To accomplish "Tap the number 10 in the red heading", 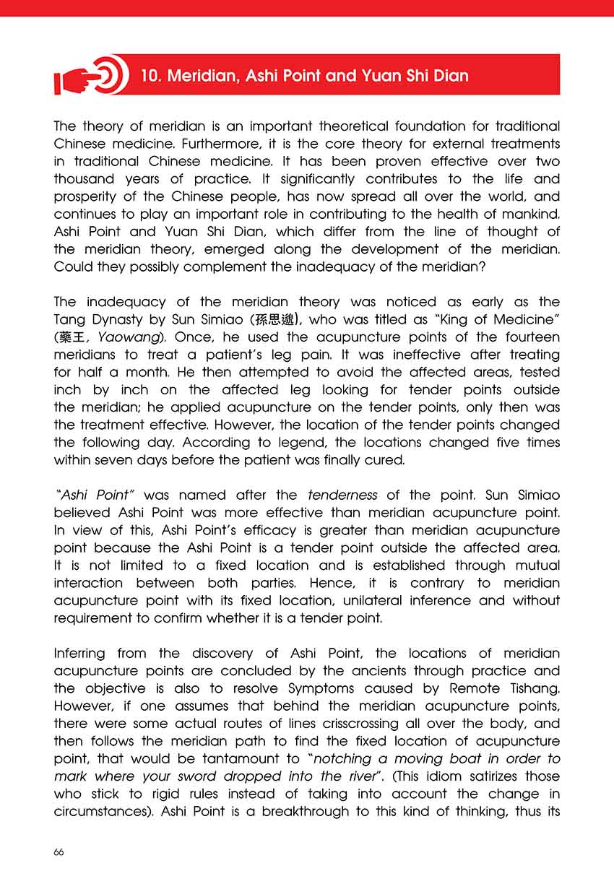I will pyautogui.click(x=151, y=75).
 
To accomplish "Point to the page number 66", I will pyautogui.click(x=59, y=851).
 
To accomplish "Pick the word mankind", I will pyautogui.click(x=529, y=214).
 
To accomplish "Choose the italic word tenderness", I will pyautogui.click(x=342, y=495).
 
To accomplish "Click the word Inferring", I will pyautogui.click(x=79, y=653).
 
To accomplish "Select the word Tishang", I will pyautogui.click(x=530, y=688).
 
